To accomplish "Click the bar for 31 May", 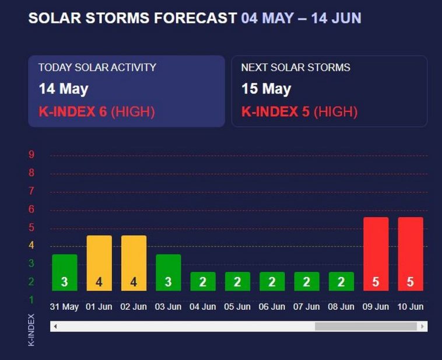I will (x=64, y=272).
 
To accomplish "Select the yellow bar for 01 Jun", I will (x=99, y=263).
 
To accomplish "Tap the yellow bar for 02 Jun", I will (x=134, y=263).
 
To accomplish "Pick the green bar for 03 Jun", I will (x=168, y=272).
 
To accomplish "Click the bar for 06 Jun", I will (x=272, y=281).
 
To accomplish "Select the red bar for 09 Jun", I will (x=376, y=254).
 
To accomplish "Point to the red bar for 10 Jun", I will (x=411, y=254).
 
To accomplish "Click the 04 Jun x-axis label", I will (x=203, y=306).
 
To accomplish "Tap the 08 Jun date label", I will (x=341, y=306).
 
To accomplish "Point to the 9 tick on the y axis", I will (x=31, y=155).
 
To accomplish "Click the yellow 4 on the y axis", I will (x=31, y=246).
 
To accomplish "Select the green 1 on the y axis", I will (x=31, y=300).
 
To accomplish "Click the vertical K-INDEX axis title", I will (x=31, y=330).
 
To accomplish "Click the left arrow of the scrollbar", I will (x=55, y=327).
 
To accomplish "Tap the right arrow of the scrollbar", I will (x=423, y=327).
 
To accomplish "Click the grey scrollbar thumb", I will (x=366, y=327).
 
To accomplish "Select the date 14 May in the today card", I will (x=64, y=89).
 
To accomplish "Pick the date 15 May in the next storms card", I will (x=266, y=89).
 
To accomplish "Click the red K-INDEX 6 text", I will (x=73, y=111).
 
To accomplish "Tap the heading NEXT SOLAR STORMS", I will (x=296, y=68).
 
